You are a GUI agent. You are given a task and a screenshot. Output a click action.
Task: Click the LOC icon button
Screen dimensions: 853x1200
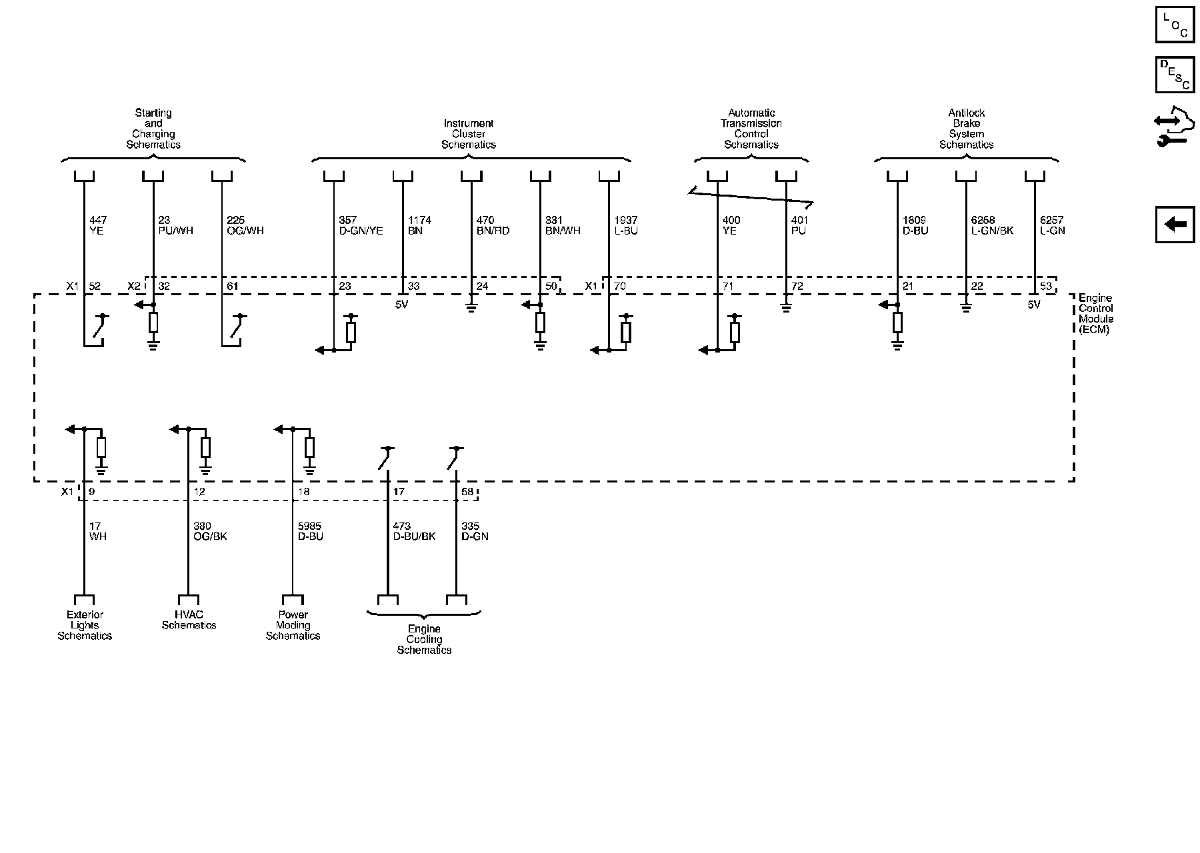[1175, 25]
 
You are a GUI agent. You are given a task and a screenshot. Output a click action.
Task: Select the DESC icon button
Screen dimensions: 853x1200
[1175, 75]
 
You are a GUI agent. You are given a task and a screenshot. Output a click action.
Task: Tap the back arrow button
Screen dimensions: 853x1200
[1175, 224]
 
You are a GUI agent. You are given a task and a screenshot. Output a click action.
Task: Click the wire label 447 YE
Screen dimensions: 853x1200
[97, 225]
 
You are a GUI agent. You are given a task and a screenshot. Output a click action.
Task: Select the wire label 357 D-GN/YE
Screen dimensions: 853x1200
[361, 225]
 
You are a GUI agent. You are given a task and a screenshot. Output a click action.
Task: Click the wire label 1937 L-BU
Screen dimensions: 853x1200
[625, 225]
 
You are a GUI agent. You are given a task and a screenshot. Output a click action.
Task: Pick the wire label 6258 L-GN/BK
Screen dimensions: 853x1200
[992, 225]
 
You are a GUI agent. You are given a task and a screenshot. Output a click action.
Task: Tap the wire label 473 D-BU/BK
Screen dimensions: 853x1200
[414, 531]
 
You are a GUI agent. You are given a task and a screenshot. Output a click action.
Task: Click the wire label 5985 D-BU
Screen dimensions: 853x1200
[310, 531]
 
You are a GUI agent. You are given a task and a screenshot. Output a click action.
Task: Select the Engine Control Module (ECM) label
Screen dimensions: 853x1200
[1096, 314]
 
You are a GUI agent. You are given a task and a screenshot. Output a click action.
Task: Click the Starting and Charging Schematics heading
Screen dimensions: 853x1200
[153, 129]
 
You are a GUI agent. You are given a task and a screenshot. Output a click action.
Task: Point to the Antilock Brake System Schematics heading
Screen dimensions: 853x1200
[966, 129]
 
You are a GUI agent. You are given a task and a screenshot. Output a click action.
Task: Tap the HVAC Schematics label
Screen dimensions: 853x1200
[189, 620]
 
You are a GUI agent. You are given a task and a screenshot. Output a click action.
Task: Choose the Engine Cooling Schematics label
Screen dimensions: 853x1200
[424, 639]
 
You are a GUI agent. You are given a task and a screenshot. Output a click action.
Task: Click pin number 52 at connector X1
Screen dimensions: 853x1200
[95, 287]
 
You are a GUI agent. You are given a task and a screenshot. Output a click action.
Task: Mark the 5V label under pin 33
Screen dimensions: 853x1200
[403, 305]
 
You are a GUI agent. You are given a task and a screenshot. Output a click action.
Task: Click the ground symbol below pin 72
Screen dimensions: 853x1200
[786, 308]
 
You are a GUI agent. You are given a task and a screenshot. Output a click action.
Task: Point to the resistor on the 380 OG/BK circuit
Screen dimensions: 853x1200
[205, 447]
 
